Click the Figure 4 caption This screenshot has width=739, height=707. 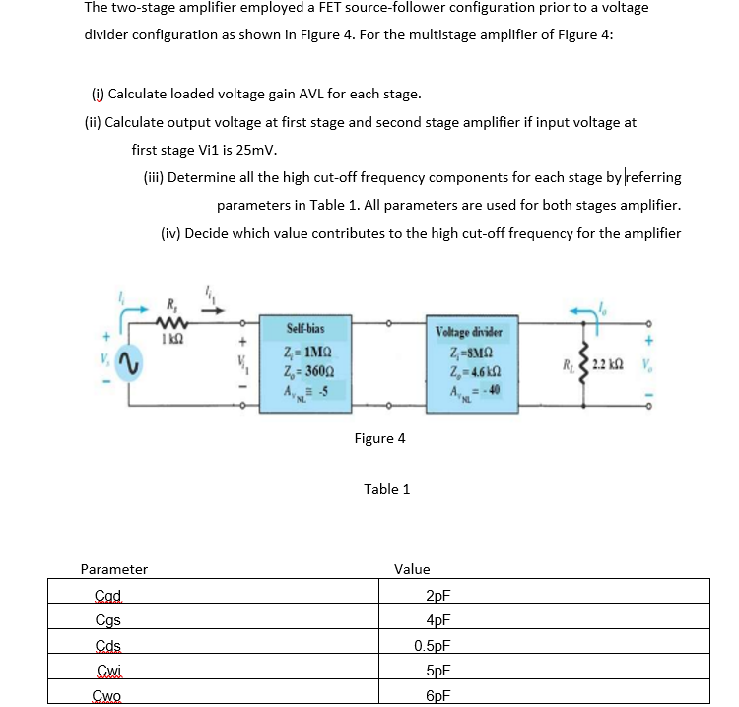click(x=379, y=438)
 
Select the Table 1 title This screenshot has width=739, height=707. click(x=386, y=489)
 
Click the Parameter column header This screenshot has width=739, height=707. click(x=114, y=569)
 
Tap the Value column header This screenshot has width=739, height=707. click(x=411, y=569)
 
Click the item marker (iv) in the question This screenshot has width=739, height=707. click(x=169, y=233)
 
